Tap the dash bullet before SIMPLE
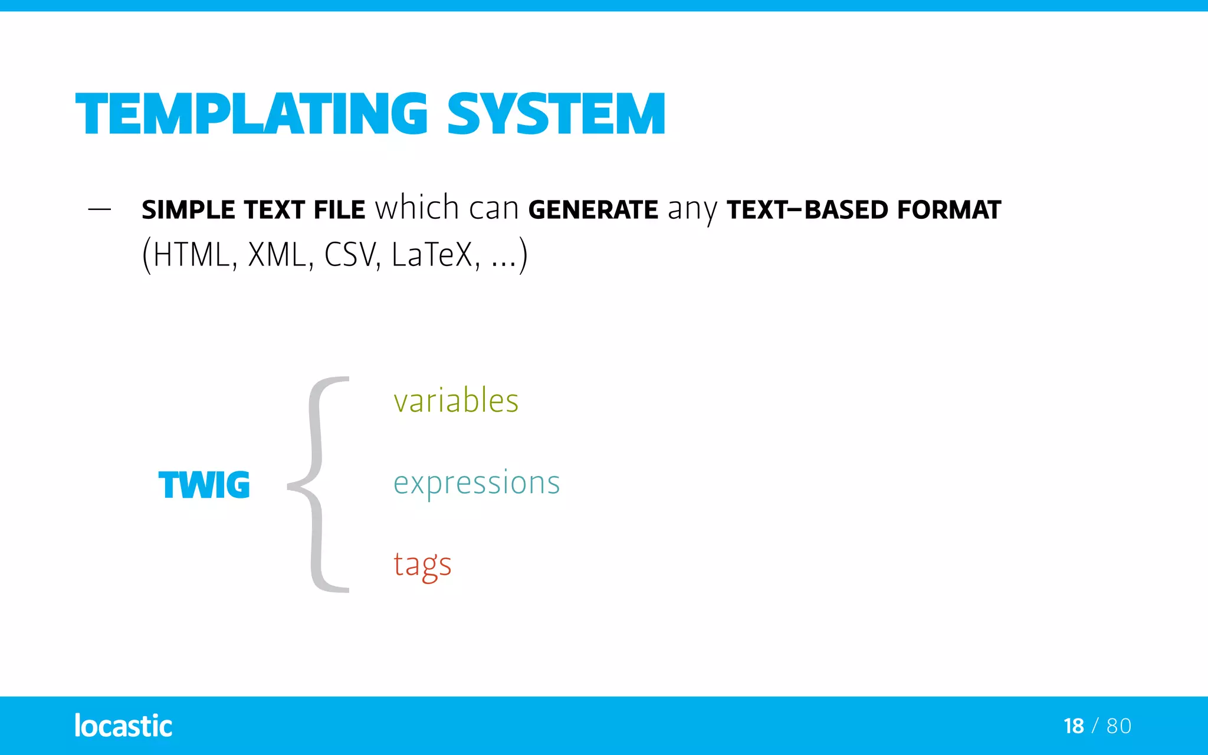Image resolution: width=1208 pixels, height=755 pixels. (99, 209)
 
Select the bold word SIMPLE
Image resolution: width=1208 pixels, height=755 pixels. (188, 210)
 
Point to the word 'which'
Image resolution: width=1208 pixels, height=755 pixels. (417, 208)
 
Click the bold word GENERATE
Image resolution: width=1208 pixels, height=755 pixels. (593, 210)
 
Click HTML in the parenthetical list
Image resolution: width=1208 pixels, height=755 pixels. (191, 255)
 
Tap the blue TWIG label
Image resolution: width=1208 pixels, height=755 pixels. (204, 485)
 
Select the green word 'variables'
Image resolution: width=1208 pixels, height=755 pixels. (456, 401)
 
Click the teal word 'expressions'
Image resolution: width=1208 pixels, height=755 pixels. (477, 483)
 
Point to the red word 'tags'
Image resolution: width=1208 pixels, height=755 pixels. (422, 565)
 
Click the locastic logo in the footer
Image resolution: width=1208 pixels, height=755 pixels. (123, 726)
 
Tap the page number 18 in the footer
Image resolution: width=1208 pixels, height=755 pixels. (1074, 726)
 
